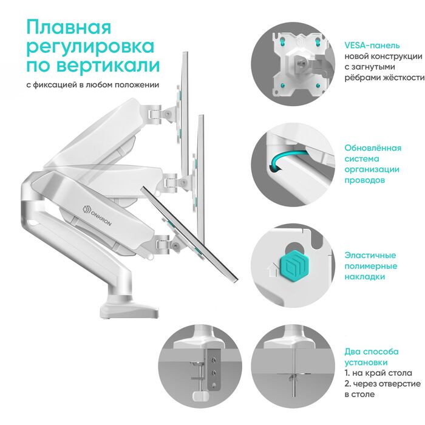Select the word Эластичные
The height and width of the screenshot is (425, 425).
370,255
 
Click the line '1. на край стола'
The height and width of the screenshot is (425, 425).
378,372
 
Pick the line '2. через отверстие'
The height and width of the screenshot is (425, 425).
382,384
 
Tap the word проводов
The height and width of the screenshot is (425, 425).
364,180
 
